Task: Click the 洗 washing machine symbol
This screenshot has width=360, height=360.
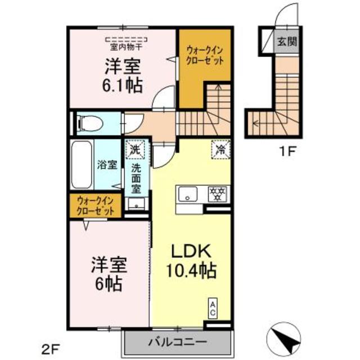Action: (x=134, y=150)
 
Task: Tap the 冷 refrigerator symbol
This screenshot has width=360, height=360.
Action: (x=219, y=150)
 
